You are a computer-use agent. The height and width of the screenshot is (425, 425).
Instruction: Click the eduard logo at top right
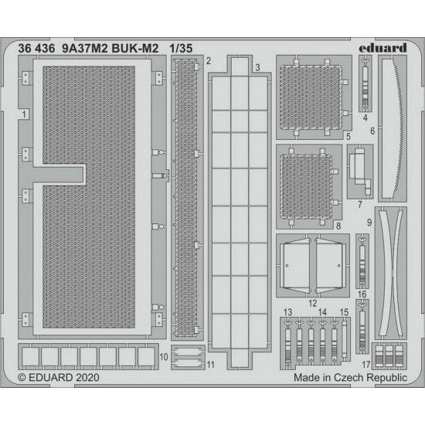point(382,48)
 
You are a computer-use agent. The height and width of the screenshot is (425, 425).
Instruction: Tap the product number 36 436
point(36,49)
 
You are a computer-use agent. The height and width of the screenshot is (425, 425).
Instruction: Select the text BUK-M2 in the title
point(135,49)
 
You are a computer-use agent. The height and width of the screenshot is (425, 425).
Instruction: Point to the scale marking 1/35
point(181,49)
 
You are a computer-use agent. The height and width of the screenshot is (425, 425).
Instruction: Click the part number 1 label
point(25,114)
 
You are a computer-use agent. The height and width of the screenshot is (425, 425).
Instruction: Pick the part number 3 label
point(257,67)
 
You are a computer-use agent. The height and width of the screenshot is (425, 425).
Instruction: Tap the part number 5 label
point(348,136)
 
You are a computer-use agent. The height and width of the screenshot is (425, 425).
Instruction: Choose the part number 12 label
point(312,303)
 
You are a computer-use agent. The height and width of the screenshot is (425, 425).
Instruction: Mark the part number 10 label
point(164,357)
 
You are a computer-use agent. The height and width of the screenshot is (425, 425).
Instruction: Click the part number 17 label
point(366,365)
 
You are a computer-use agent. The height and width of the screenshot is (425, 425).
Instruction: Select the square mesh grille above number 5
point(311,97)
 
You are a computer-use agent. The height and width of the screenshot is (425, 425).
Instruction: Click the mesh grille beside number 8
point(306,187)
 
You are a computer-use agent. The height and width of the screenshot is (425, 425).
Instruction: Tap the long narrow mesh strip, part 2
point(186,198)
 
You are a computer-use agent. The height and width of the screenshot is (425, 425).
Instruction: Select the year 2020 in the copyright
point(87,377)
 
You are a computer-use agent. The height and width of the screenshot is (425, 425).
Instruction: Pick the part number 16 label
point(362,294)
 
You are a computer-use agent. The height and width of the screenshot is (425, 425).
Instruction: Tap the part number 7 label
point(360,204)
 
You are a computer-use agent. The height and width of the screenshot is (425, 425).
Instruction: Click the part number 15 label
point(344,312)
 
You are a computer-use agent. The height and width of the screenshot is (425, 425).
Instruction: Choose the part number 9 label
point(369,223)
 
